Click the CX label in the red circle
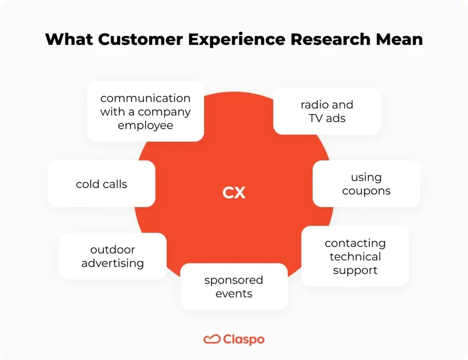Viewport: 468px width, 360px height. (x=234, y=193)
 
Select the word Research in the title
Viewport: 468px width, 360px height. (x=329, y=40)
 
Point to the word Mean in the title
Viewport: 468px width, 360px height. (x=398, y=40)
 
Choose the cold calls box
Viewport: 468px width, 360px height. (x=101, y=184)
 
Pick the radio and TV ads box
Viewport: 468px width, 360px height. (x=327, y=112)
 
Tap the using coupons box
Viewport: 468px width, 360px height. (x=366, y=184)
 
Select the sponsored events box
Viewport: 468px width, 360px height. (x=233, y=286)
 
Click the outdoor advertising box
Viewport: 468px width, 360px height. (x=113, y=257)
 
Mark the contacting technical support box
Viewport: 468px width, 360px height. (x=355, y=256)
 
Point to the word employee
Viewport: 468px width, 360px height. (x=145, y=125)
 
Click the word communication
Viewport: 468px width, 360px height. (x=145, y=98)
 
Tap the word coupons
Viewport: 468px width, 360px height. (x=366, y=191)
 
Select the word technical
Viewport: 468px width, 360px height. (x=355, y=257)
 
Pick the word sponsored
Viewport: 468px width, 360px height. (x=233, y=280)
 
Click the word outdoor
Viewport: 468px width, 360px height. (x=113, y=250)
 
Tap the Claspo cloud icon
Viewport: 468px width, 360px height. (x=211, y=339)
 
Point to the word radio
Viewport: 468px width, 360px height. (x=315, y=105)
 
